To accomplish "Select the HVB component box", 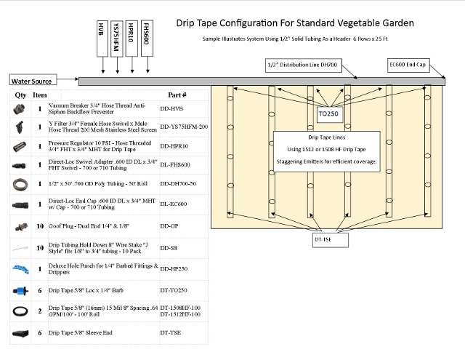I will click(101, 39).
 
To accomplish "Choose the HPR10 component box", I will click(132, 39).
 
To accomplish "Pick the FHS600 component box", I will click(147, 39).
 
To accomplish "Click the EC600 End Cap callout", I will click(413, 65).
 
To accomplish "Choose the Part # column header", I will click(177, 95).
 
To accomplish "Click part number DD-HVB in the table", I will click(172, 108).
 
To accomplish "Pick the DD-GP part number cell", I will click(171, 226).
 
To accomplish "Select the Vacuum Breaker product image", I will click(20, 108).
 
